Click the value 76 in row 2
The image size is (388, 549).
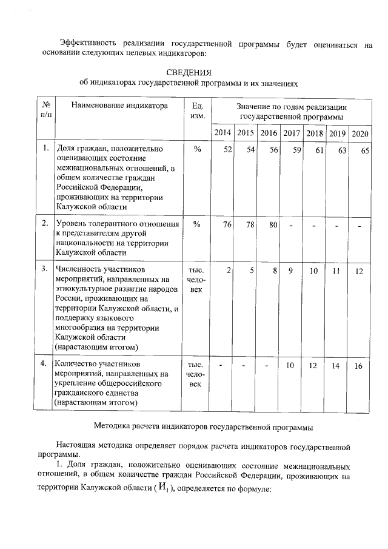pos(226,225)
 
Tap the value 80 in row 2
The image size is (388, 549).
pos(273,225)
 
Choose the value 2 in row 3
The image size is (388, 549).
pos(229,271)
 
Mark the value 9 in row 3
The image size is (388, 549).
pos(291,271)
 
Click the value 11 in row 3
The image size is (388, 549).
pos(337,271)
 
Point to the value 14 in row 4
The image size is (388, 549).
pos(336,366)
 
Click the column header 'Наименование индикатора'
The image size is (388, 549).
pos(119,106)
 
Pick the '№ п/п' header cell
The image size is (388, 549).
pos(45,109)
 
